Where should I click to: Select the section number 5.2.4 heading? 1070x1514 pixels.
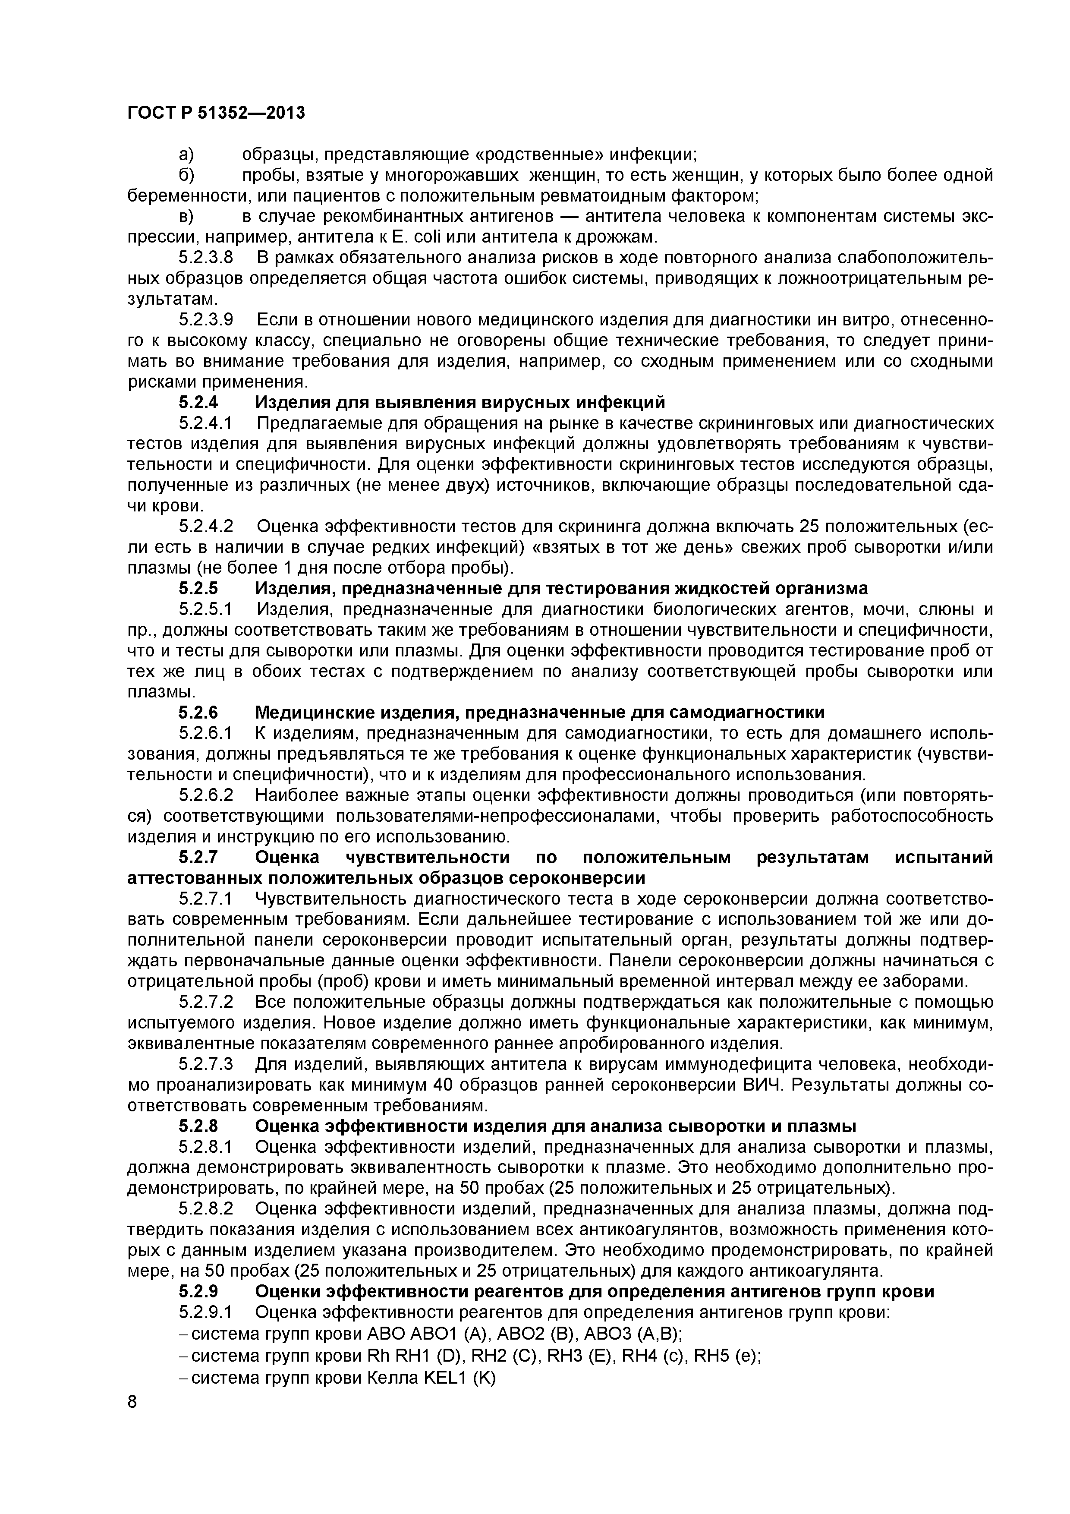tap(198, 402)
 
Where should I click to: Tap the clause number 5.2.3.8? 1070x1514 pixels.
tap(206, 257)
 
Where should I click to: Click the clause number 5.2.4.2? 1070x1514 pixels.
tap(206, 527)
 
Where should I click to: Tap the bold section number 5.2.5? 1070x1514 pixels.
tap(198, 588)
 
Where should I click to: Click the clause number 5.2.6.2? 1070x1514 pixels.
tap(206, 795)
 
